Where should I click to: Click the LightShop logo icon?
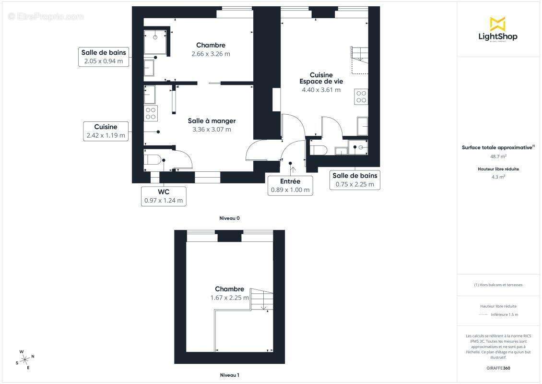(x=497, y=24)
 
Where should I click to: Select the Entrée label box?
(x=290, y=185)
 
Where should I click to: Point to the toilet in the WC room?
(x=152, y=160)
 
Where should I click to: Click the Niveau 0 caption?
(x=229, y=218)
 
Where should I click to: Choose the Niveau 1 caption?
(x=229, y=375)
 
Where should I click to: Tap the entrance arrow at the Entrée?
(x=293, y=168)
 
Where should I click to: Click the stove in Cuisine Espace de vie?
(x=361, y=97)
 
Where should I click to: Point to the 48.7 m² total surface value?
(x=497, y=156)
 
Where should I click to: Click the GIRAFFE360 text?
(x=497, y=368)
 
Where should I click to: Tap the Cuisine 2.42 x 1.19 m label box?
(x=106, y=131)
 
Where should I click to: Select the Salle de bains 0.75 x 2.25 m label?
(x=355, y=180)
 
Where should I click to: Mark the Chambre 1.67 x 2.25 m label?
(x=229, y=293)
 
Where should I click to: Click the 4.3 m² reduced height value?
(x=497, y=177)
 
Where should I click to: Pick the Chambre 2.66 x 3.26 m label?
(x=211, y=49)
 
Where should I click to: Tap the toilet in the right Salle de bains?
(x=319, y=149)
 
